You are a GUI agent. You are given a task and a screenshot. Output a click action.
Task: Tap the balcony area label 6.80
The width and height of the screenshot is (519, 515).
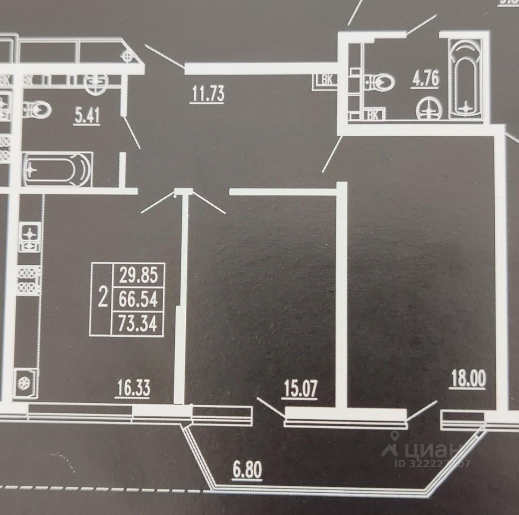pos(247,470)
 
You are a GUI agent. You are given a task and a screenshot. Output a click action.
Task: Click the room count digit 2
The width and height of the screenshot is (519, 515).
pos(103,299)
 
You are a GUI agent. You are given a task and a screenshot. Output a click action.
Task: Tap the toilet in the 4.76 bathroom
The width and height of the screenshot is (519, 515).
pos(382,82)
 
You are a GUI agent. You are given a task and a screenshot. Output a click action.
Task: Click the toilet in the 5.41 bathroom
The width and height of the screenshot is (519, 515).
pos(37,108)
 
